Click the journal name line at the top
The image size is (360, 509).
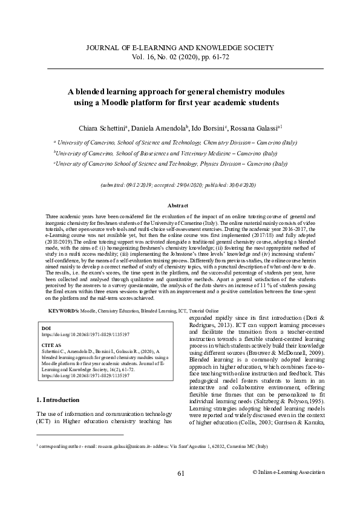[x=180, y=47]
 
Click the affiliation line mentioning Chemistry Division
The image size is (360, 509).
[x=175, y=142]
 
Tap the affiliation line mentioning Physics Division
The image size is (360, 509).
[x=171, y=163]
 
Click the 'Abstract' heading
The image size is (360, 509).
[x=180, y=206]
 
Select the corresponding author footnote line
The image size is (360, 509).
[x=151, y=462]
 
